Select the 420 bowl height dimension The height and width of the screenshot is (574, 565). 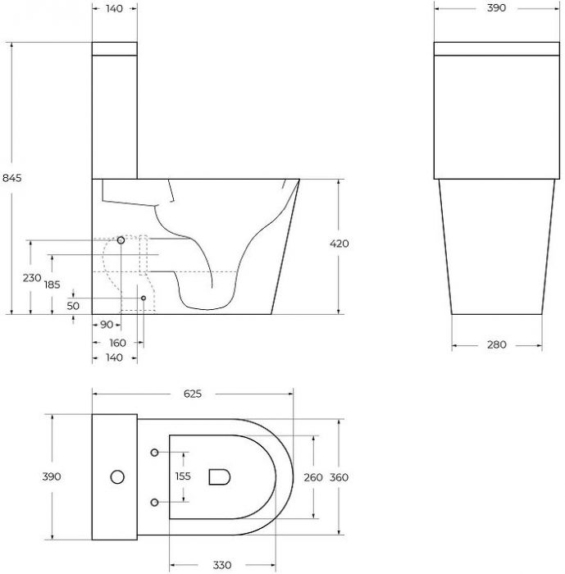pos(339,244)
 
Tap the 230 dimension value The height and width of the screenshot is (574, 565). pos(31,278)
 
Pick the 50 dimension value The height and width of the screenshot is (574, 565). pos(73,305)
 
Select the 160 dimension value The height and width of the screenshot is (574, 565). pos(117,343)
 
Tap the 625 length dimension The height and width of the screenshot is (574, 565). pos(192,394)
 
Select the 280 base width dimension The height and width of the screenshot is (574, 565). pos(497,344)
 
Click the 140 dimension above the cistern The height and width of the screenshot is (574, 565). pos(114,8)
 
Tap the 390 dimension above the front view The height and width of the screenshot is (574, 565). pos(497,8)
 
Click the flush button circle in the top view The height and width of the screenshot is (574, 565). pos(116,476)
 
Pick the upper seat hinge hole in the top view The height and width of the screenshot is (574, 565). pos(155,452)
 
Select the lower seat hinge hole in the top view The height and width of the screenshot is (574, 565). pos(155,500)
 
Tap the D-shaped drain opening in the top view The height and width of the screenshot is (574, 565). pos(219,476)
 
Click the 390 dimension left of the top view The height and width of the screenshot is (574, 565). pos(52,476)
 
